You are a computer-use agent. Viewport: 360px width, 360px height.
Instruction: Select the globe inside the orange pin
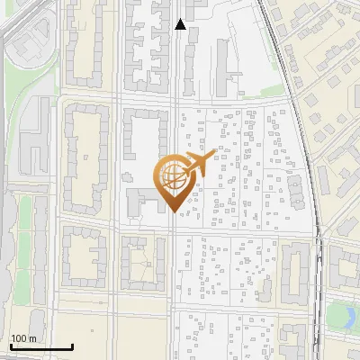pyautogui.click(x=174, y=178)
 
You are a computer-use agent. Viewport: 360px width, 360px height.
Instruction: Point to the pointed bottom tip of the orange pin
pyautogui.click(x=174, y=212)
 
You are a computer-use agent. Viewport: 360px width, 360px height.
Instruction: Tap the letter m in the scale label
pyautogui.click(x=33, y=338)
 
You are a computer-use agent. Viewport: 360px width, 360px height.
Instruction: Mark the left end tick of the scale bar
pyautogui.click(x=10, y=346)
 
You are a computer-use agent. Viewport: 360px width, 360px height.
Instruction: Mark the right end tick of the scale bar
pyautogui.click(x=72, y=346)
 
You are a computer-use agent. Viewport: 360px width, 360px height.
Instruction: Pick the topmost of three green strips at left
pyautogui.click(x=27, y=216)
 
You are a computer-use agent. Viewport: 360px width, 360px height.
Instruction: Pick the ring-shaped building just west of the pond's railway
pyautogui.click(x=295, y=271)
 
